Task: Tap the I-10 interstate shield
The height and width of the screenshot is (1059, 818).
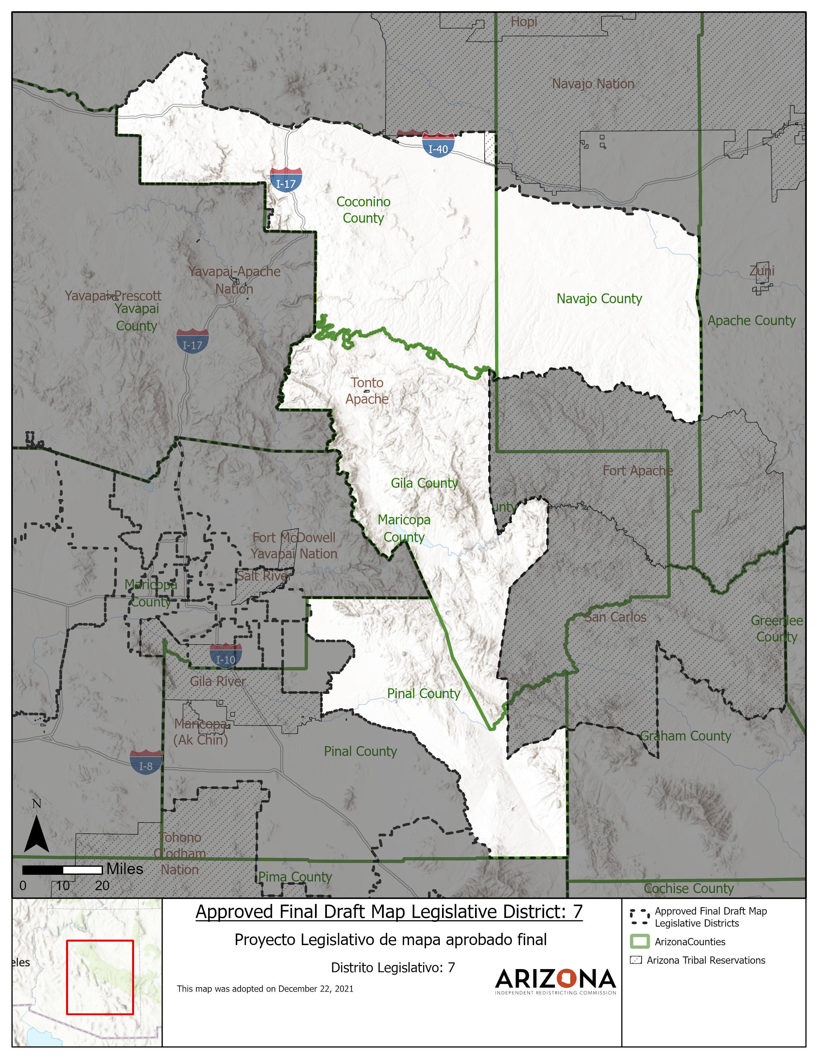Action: (226, 656)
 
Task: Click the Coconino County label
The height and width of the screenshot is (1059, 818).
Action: (363, 210)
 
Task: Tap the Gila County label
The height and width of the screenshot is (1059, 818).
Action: (424, 483)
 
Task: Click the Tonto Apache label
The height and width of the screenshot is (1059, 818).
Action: (367, 391)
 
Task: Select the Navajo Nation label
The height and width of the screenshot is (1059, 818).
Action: (593, 84)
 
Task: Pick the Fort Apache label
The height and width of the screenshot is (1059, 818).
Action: (637, 470)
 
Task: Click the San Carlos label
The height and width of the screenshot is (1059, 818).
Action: (616, 617)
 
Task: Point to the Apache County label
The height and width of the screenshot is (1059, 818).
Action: (751, 321)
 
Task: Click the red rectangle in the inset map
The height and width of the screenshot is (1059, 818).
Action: (100, 977)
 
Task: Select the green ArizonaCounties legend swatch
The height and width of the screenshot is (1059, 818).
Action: (639, 942)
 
